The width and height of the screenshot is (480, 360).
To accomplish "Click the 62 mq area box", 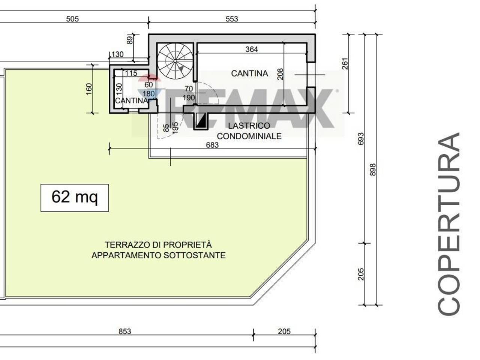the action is pyautogui.click(x=75, y=198).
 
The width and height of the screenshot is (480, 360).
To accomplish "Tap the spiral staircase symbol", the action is pyautogui.click(x=175, y=61).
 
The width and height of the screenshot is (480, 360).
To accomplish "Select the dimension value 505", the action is pyautogui.click(x=72, y=19).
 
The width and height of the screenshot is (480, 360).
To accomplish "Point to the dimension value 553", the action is pyautogui.click(x=232, y=19).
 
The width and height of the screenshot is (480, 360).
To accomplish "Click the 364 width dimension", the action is pyautogui.click(x=252, y=49).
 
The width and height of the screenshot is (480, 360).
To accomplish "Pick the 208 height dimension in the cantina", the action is pyautogui.click(x=280, y=74).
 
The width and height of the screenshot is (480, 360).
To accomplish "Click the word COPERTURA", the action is pyautogui.click(x=449, y=223).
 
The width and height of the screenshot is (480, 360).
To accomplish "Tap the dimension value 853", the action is pyautogui.click(x=124, y=331).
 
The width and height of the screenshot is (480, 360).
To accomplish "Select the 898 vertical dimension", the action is pyautogui.click(x=372, y=169).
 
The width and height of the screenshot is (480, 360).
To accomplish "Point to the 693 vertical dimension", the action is pyautogui.click(x=361, y=139).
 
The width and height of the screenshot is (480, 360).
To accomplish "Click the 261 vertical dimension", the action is pyautogui.click(x=345, y=64).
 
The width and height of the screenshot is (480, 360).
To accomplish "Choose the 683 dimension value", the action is pyautogui.click(x=212, y=145).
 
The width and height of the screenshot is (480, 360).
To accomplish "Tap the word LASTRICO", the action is pyautogui.click(x=249, y=126).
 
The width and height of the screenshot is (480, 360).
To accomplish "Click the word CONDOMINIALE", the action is pyautogui.click(x=249, y=136).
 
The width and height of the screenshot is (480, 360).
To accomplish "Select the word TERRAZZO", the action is pyautogui.click(x=127, y=245).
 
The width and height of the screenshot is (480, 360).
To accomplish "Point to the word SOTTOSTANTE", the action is pyautogui.click(x=195, y=255).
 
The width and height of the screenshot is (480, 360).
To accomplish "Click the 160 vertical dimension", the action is pyautogui.click(x=89, y=89).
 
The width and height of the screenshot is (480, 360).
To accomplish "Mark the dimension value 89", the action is pyautogui.click(x=130, y=40).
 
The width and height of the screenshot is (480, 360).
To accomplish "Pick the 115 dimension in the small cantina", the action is pyautogui.click(x=131, y=73).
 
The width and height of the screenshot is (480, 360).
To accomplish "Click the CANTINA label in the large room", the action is pyautogui.click(x=249, y=73).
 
